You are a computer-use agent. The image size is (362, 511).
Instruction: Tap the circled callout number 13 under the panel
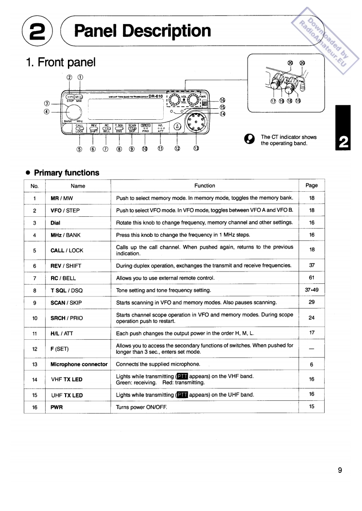[x=196, y=148]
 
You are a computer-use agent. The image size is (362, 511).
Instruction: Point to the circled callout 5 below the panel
[x=80, y=148]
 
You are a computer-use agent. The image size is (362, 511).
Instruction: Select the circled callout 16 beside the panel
[x=222, y=100]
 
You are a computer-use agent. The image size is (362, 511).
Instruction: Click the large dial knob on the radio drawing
[x=72, y=112]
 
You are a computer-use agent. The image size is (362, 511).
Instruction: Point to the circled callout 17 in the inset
[x=273, y=101]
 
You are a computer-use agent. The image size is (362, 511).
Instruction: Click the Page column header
[x=311, y=185]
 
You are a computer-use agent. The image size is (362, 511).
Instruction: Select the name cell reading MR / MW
[x=62, y=198]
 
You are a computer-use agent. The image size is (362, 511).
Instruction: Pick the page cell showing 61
[x=312, y=277]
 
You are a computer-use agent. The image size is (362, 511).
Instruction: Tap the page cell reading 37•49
[x=311, y=290]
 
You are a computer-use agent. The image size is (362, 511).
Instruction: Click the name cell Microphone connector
[x=79, y=364]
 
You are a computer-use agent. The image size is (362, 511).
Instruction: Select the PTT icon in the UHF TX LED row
[x=182, y=395]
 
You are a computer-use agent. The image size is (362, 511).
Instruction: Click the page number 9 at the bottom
[x=340, y=470]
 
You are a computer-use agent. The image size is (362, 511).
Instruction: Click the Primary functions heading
[x=66, y=173]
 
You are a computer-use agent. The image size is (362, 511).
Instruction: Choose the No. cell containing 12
[x=35, y=349]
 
